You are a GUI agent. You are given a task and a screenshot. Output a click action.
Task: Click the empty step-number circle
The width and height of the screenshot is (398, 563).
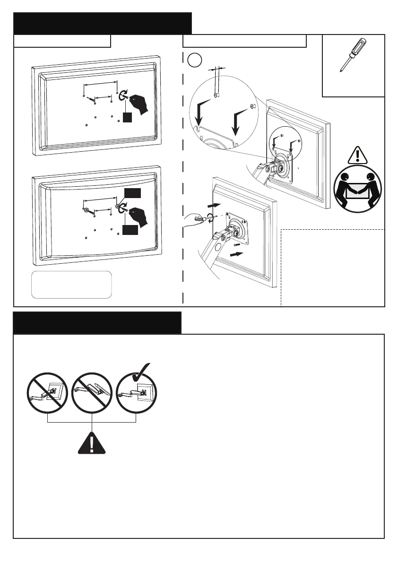[194, 60]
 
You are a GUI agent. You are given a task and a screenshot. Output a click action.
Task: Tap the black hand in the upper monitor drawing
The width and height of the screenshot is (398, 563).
[139, 103]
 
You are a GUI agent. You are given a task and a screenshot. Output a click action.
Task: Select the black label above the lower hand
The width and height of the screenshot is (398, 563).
[131, 192]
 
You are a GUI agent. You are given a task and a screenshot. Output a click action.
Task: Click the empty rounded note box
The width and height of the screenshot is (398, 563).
[72, 284]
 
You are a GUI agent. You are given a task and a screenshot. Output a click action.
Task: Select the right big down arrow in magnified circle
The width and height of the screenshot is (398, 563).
[237, 122]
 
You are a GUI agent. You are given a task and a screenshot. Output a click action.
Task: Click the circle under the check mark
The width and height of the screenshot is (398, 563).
[136, 395]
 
